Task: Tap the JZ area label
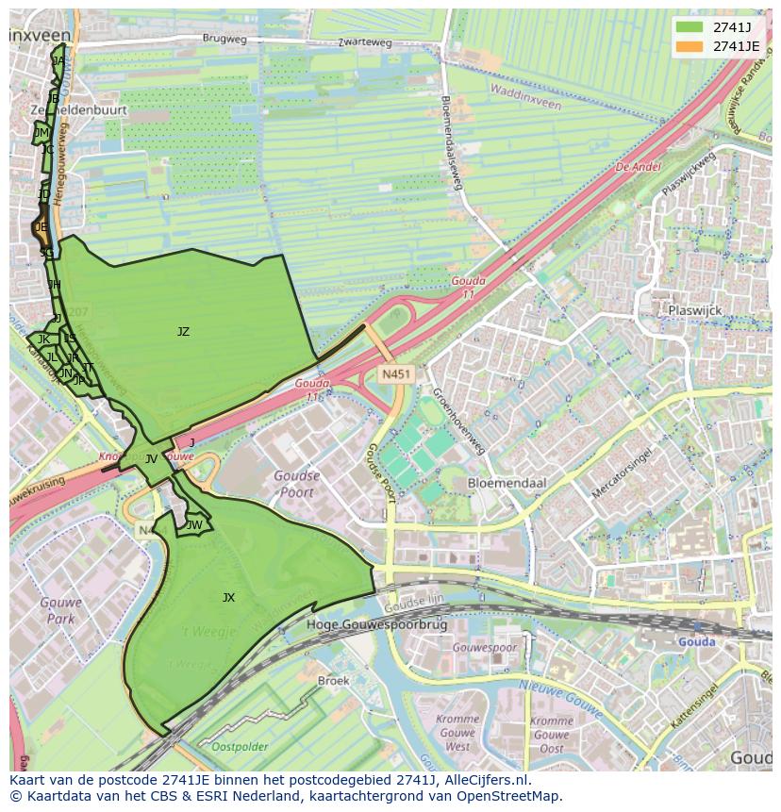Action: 183,332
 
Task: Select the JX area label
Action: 228,598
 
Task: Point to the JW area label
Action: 194,525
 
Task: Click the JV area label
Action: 151,459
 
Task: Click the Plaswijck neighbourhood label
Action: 693,309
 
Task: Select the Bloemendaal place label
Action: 507,483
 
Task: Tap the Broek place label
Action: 333,681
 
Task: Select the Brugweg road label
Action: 225,41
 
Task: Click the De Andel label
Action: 638,166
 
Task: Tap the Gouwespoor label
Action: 485,649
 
